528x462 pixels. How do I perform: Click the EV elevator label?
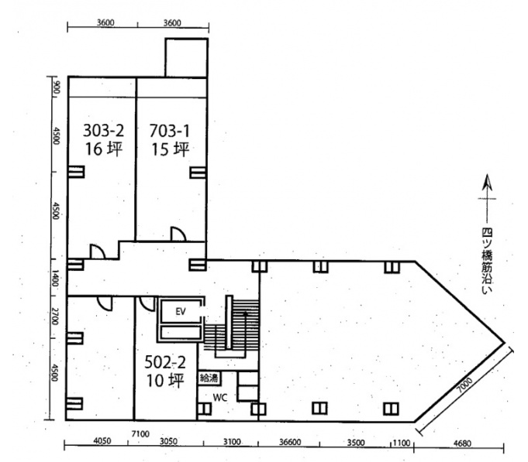(181, 311)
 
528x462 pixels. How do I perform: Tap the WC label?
(220, 398)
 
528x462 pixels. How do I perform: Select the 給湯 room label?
(209, 378)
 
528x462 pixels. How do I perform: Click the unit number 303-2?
(103, 131)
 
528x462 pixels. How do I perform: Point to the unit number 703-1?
(169, 131)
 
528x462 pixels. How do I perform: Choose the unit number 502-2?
(165, 362)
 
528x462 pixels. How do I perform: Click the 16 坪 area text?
(103, 149)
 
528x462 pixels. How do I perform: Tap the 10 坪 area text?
(165, 380)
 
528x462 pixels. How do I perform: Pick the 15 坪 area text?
(170, 149)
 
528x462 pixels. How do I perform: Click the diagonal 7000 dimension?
(464, 385)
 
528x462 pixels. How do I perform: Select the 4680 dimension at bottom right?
(462, 443)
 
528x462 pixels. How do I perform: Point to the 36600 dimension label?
(290, 442)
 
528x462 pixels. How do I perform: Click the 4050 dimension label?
(102, 441)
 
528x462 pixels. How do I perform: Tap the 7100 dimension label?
(140, 434)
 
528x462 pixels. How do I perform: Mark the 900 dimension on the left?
(57, 88)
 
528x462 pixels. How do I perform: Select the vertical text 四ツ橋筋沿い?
(486, 261)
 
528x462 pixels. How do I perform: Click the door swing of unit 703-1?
(178, 234)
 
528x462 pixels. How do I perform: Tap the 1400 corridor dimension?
(54, 279)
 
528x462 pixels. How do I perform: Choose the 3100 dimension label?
(232, 442)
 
